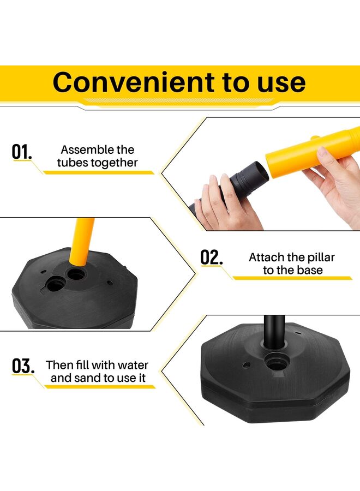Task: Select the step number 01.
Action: [22, 152]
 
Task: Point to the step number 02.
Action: [212, 258]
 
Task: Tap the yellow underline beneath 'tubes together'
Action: [98, 172]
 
